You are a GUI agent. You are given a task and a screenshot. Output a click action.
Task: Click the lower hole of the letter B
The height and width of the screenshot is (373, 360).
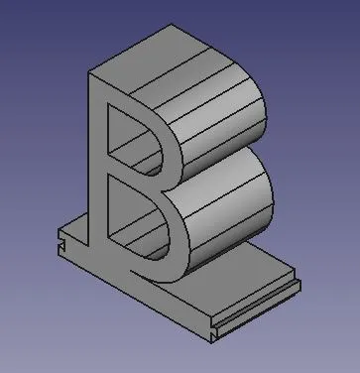coord(136,216)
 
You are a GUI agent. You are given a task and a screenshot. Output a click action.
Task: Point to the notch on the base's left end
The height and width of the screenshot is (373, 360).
coord(61,245)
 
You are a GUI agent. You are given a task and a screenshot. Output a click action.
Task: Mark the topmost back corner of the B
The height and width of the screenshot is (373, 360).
coord(171,24)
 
